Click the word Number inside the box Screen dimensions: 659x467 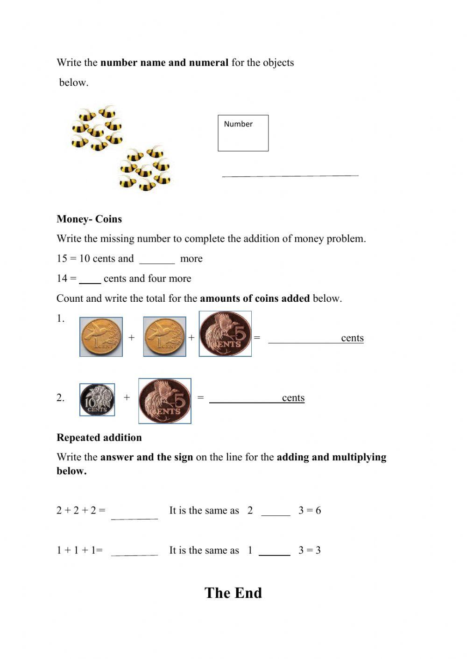pos(238,124)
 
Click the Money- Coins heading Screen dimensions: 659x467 pos(89,219)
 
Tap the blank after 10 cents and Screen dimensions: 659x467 pos(157,259)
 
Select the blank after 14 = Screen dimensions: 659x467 pos(90,279)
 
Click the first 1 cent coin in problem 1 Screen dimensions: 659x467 pos(101,337)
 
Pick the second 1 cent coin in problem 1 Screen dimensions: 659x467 pos(164,337)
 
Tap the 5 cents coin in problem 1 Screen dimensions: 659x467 pos(225,334)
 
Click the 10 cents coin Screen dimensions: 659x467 pos(97,400)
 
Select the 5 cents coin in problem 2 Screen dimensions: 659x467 pos(165,401)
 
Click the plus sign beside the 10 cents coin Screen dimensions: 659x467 pos(127,397)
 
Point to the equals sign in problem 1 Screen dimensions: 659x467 pos(257,337)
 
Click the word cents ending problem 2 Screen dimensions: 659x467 pos(293,398)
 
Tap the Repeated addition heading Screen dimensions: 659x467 pos(99,437)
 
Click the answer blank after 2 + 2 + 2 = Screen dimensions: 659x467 pos(134,514)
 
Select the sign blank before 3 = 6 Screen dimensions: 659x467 pos(276,512)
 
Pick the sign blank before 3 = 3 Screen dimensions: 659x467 pos(275,551)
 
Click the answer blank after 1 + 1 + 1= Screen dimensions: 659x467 pos(134,551)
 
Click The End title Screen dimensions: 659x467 pos(233,593)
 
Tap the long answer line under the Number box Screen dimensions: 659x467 pos(290,176)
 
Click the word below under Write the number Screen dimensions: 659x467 pos(74,83)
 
